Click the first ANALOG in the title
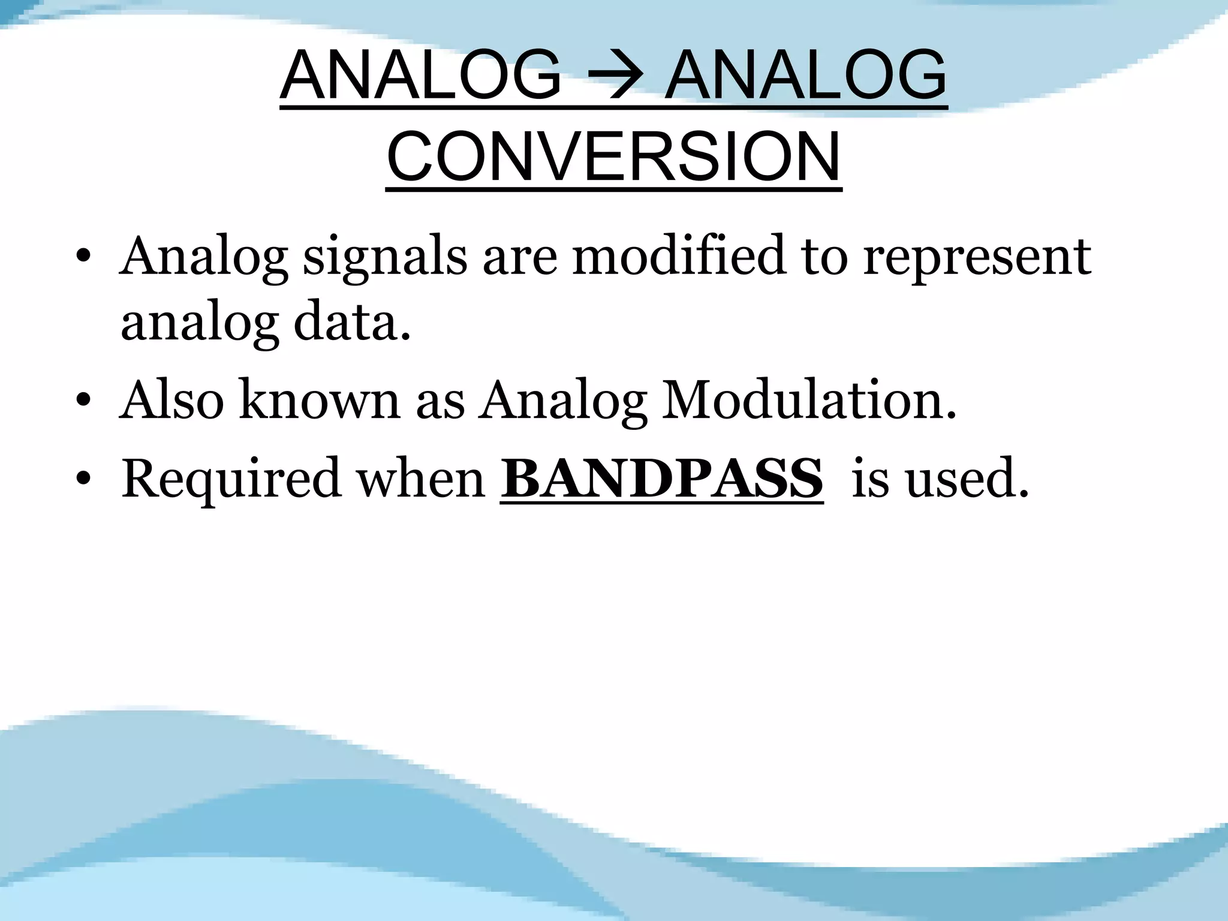421,76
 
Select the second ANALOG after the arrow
806,76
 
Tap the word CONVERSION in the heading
613,157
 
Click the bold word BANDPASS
661,478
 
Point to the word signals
384,257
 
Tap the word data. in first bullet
352,323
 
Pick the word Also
171,400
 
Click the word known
320,400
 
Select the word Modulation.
808,400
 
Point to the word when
421,478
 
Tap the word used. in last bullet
967,478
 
